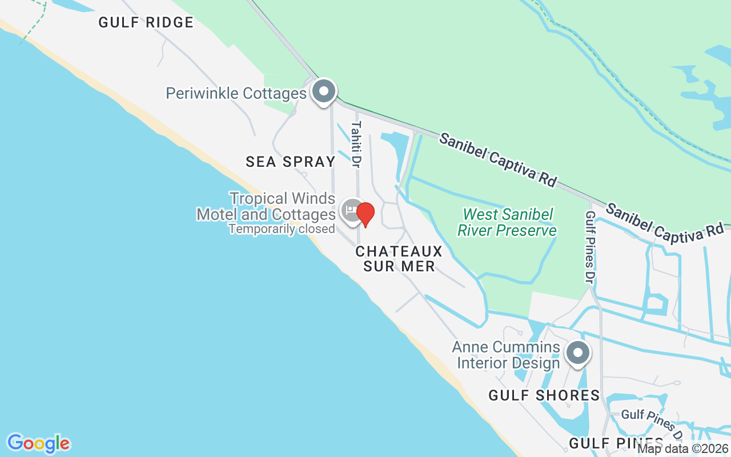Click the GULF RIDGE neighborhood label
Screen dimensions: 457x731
tap(146, 22)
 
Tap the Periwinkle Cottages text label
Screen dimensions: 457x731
tap(236, 93)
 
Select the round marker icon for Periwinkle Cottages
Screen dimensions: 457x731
tap(324, 91)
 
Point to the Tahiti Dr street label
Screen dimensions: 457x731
tap(356, 144)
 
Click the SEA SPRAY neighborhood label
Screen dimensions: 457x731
tap(291, 162)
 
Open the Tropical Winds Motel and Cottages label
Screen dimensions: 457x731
tap(266, 206)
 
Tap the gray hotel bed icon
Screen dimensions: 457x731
tap(351, 210)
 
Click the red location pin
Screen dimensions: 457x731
tap(365, 214)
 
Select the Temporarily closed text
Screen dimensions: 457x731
tap(282, 229)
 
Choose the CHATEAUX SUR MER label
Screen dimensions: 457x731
tap(399, 259)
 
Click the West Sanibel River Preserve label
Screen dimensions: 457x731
tap(509, 222)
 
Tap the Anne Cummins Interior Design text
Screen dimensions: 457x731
tap(506, 355)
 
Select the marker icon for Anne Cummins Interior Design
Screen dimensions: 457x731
tap(577, 352)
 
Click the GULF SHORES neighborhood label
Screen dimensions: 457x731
tap(544, 395)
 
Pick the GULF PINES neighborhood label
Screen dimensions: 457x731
tap(616, 443)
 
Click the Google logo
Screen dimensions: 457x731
tap(38, 443)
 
